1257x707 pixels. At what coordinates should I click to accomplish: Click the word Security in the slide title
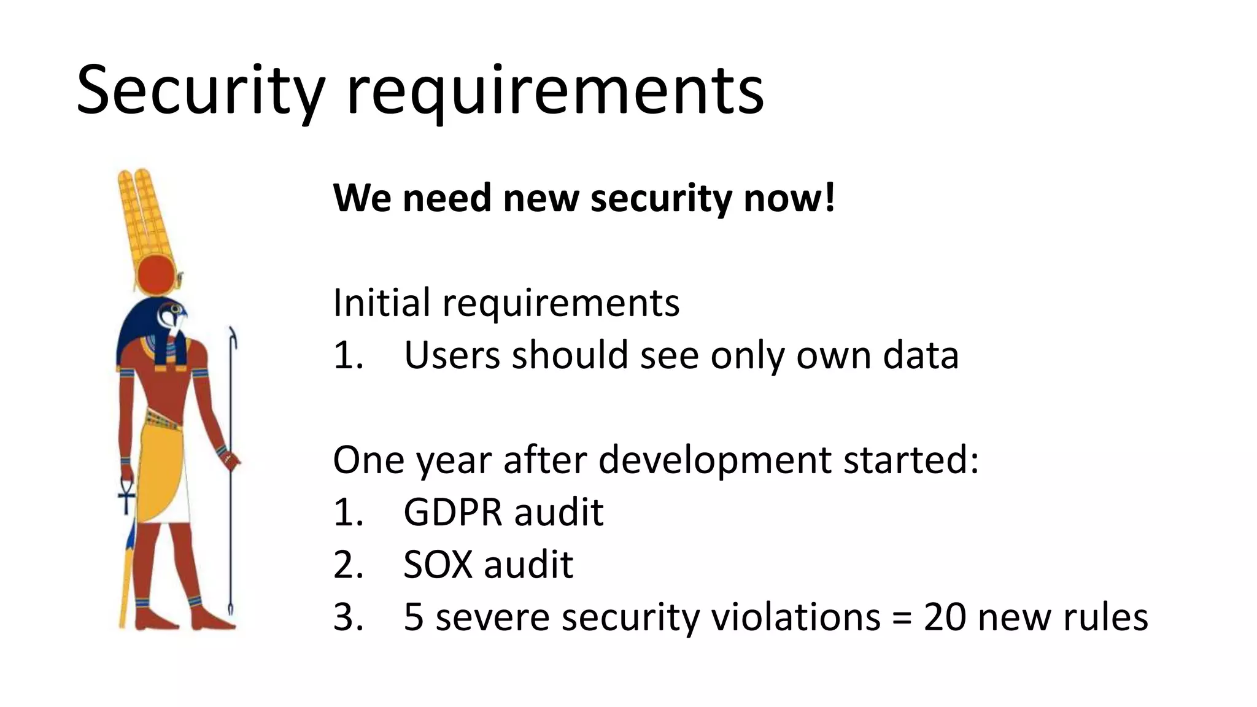click(x=199, y=92)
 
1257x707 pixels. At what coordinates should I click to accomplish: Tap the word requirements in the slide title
click(x=555, y=92)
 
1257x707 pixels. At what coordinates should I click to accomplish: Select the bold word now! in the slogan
click(x=789, y=198)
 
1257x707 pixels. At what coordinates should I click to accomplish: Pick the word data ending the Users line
click(x=920, y=355)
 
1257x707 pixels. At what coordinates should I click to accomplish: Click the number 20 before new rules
click(x=945, y=617)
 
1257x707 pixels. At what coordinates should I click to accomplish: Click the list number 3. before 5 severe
click(x=349, y=617)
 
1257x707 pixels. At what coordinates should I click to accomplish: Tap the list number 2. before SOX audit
click(x=349, y=565)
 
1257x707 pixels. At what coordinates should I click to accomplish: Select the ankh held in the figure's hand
click(x=126, y=495)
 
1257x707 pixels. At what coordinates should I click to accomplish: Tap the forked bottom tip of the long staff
click(x=231, y=611)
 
